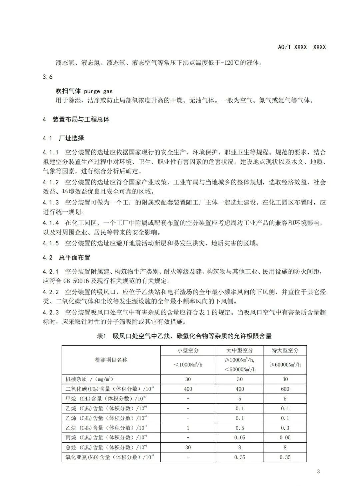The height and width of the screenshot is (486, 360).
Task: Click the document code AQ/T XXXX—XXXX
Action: coord(302,47)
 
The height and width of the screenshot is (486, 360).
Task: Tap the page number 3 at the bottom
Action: coord(318,471)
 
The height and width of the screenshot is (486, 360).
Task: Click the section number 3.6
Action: coord(48,77)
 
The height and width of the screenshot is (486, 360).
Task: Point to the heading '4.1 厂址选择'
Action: coord(63,138)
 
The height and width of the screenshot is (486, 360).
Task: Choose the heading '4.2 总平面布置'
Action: coord(66,257)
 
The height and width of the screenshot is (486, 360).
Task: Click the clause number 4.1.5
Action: coord(51,243)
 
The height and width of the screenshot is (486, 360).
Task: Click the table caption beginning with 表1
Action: coord(184,336)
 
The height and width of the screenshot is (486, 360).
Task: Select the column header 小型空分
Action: coord(188,350)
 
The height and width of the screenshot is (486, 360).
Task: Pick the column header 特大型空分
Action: coord(285,350)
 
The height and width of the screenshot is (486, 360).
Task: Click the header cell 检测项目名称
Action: coord(111,360)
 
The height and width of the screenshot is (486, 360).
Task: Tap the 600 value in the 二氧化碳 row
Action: coord(285,389)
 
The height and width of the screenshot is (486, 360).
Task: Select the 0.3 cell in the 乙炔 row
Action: coord(285,428)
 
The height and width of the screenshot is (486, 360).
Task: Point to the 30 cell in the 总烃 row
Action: coord(188,447)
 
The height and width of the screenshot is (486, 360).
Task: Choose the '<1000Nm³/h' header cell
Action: coord(188,365)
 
